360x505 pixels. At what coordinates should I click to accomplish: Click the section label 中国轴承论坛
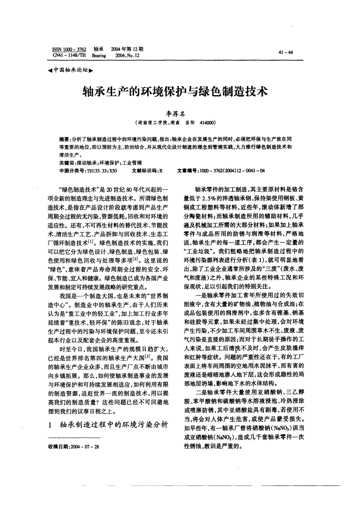coord(71,71)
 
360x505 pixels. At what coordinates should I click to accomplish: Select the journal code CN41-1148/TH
coord(68,55)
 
